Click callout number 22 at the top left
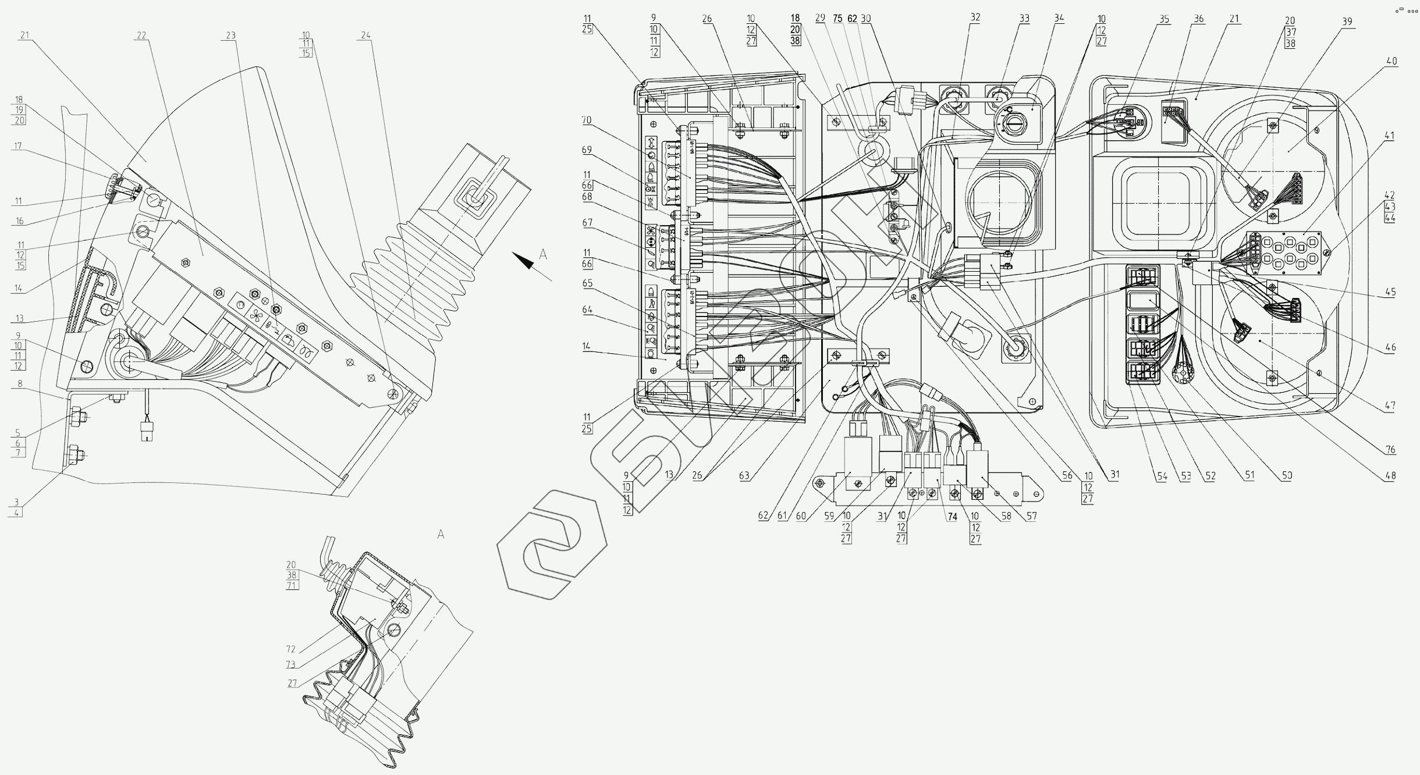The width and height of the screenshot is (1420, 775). pyautogui.click(x=141, y=35)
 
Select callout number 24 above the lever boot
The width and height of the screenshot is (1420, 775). pyautogui.click(x=365, y=35)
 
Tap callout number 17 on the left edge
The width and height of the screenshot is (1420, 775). pyautogui.click(x=17, y=147)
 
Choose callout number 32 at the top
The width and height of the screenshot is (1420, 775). pyautogui.click(x=975, y=18)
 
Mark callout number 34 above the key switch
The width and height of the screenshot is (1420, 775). pyautogui.click(x=1059, y=18)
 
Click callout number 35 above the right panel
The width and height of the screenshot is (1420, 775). pyautogui.click(x=1163, y=19)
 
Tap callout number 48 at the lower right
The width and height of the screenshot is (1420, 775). pyautogui.click(x=1390, y=475)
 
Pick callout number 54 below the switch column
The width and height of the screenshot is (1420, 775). pyautogui.click(x=1162, y=475)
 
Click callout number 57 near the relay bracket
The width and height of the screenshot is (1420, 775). pyautogui.click(x=1031, y=516)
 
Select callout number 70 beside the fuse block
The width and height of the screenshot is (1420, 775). pyautogui.click(x=586, y=120)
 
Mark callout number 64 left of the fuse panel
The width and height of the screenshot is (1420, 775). pyautogui.click(x=587, y=310)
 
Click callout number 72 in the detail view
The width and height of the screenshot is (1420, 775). pyautogui.click(x=290, y=649)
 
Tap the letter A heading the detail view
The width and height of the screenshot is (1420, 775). pyautogui.click(x=441, y=534)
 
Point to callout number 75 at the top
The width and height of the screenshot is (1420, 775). pyautogui.click(x=837, y=19)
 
